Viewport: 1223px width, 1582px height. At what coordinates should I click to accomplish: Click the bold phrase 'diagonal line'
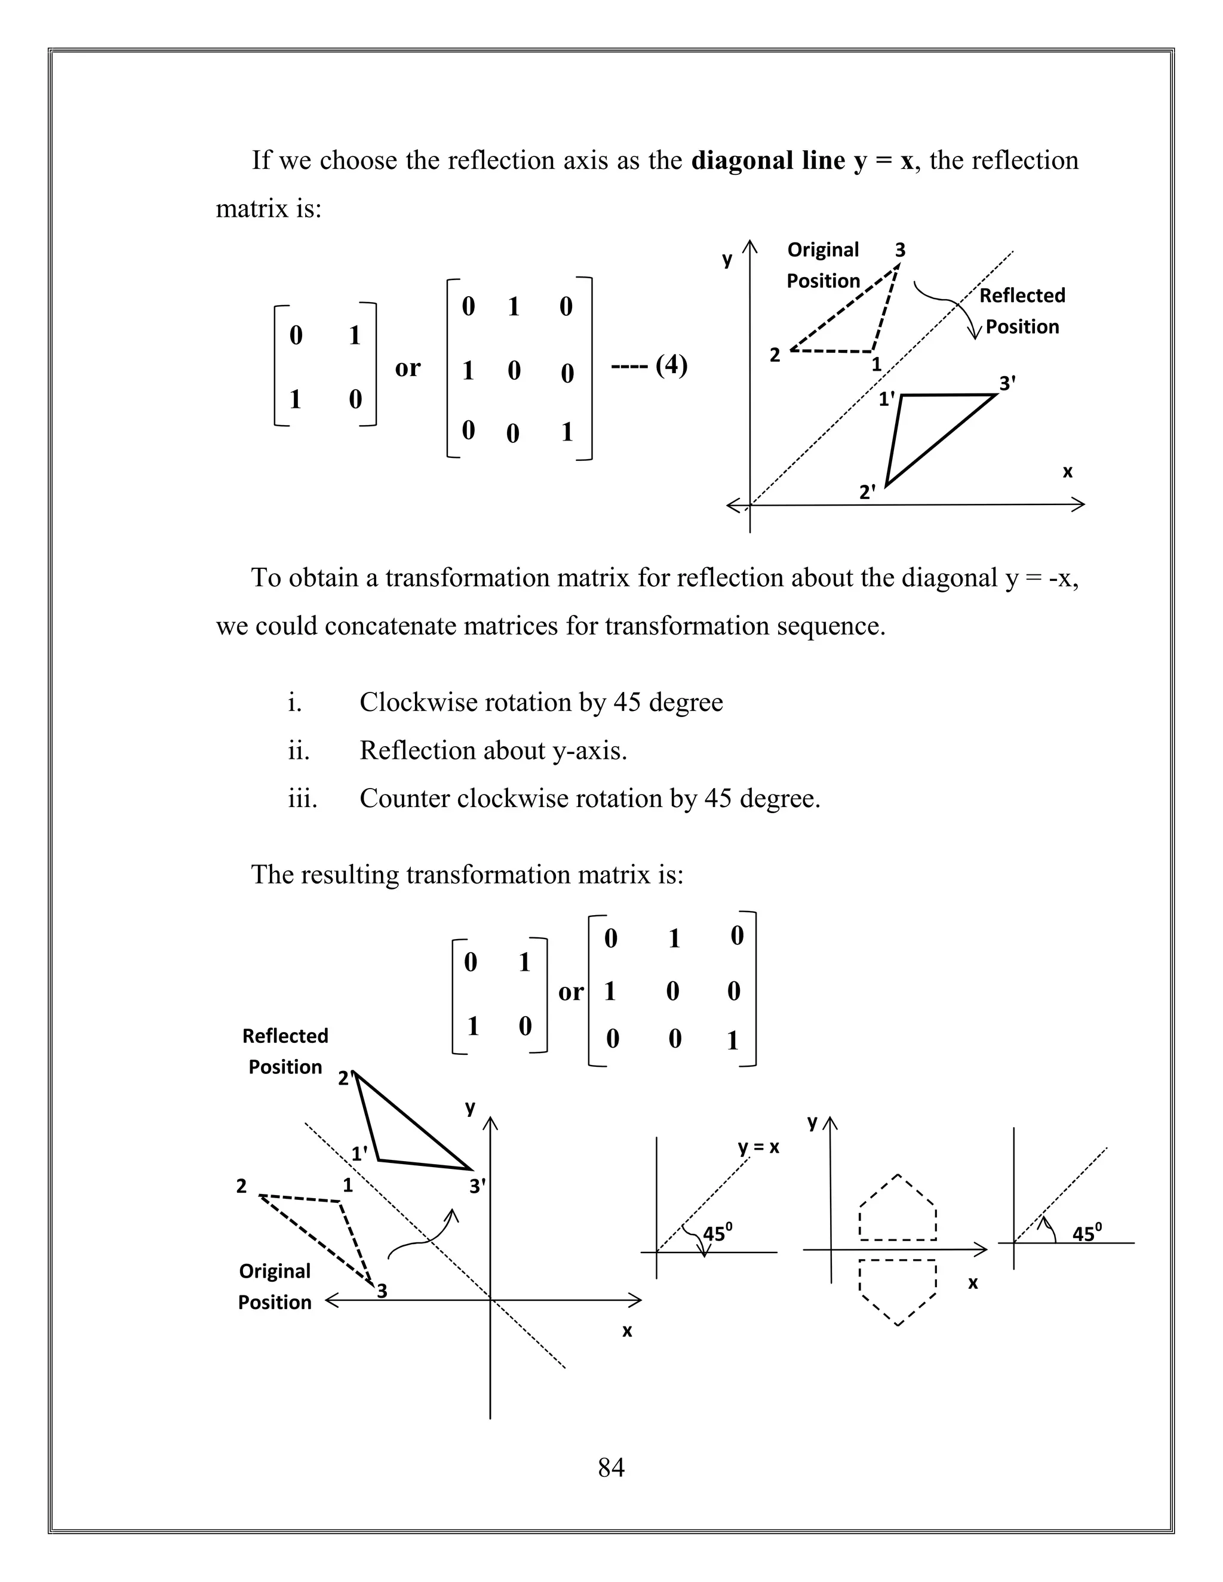click(768, 160)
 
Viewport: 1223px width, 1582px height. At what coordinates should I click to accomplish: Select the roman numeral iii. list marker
click(302, 798)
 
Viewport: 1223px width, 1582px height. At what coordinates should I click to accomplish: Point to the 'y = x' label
click(758, 1147)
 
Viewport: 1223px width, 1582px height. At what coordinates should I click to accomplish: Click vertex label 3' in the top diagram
click(1007, 383)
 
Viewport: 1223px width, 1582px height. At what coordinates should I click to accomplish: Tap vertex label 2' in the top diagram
click(866, 492)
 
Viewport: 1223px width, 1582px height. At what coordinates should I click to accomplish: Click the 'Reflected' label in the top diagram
click(1022, 296)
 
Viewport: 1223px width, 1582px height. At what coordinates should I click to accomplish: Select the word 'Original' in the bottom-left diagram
click(275, 1270)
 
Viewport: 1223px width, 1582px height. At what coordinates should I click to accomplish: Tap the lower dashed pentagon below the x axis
click(898, 1290)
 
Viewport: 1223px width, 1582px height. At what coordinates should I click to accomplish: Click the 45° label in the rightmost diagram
click(1087, 1233)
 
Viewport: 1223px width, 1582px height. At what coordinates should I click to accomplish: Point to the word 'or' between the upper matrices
click(407, 368)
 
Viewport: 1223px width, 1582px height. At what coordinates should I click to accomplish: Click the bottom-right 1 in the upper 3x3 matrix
click(567, 432)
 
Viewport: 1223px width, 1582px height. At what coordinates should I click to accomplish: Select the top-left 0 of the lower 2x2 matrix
click(470, 962)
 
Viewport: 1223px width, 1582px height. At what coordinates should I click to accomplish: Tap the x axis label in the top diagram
click(1067, 472)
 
